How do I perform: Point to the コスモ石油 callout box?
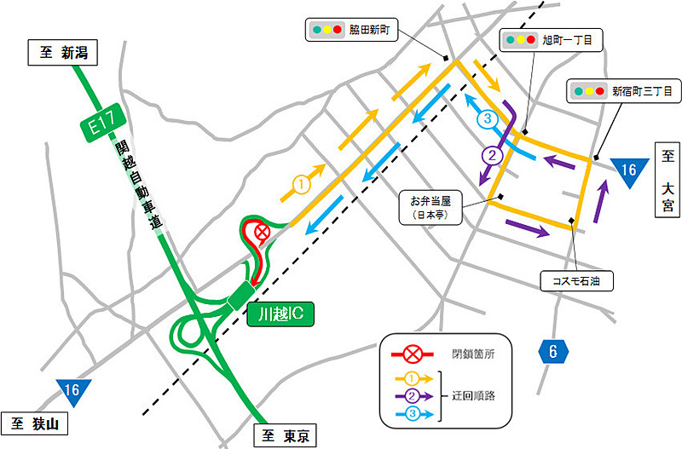tap(577, 279)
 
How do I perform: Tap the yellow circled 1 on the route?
tap(301, 183)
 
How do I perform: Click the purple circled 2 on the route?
tap(492, 156)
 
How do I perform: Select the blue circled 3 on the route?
tap(488, 118)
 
